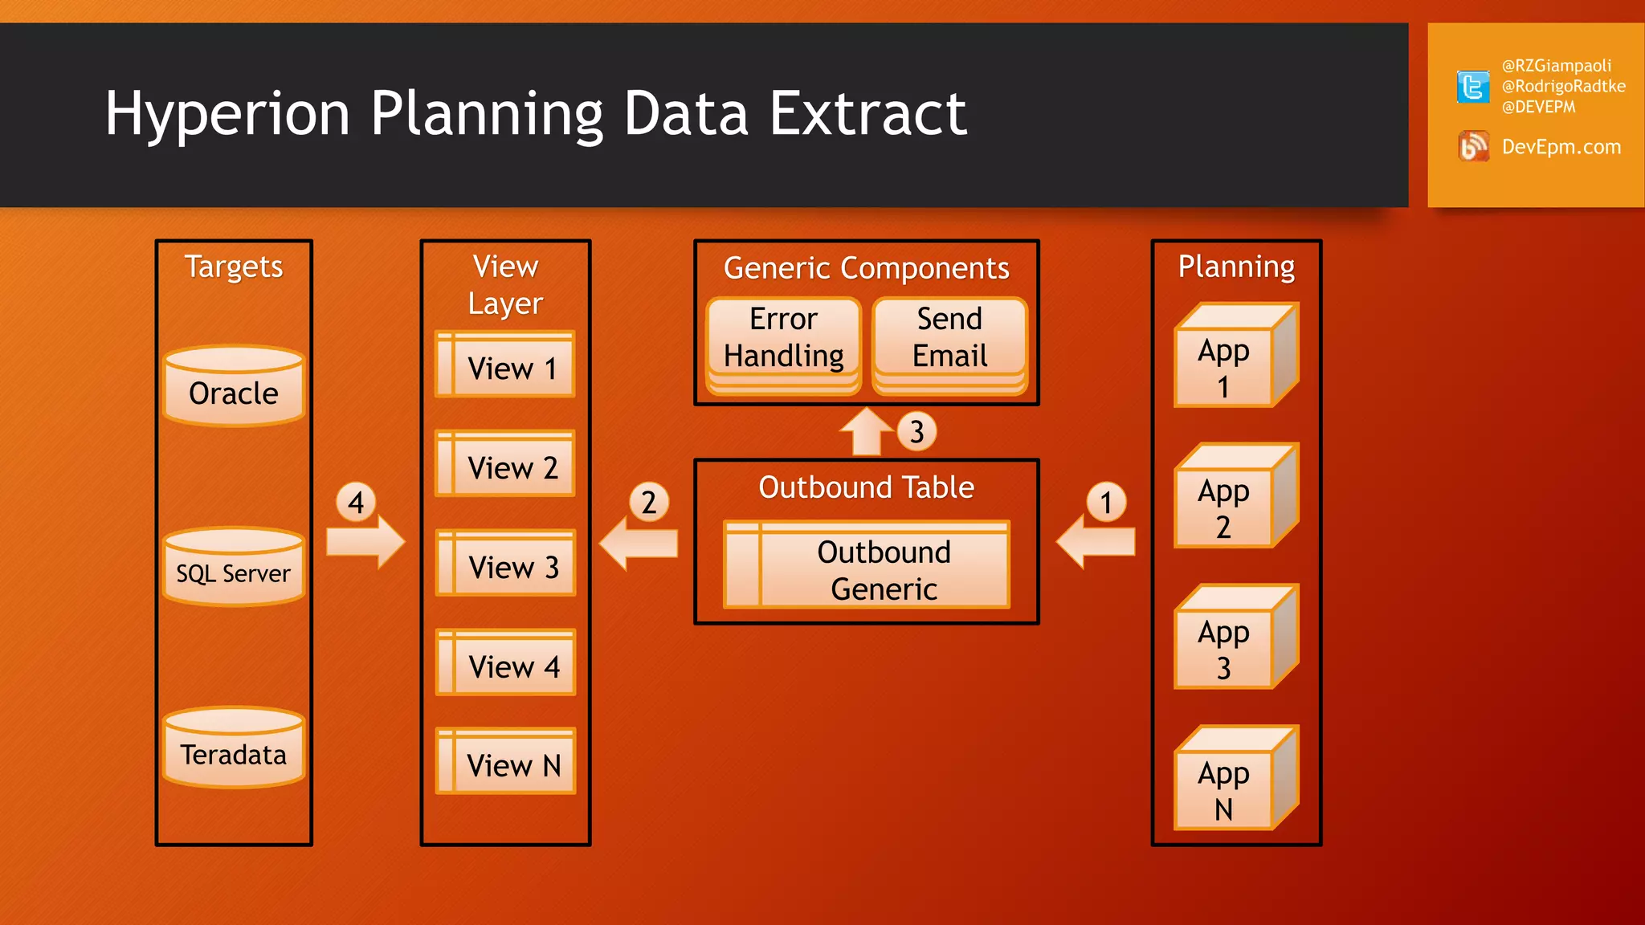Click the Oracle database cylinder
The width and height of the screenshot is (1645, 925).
point(234,386)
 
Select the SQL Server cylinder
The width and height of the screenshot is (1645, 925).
point(234,567)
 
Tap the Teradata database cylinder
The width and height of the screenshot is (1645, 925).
point(234,748)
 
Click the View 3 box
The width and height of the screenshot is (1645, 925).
point(505,563)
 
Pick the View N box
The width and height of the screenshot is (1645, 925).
point(505,761)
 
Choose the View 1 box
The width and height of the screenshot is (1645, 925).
point(505,365)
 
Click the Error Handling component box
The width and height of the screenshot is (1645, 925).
point(783,340)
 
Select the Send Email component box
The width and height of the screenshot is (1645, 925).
point(949,340)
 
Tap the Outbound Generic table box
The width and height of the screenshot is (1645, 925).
point(867,565)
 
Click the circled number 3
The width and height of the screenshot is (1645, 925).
point(916,432)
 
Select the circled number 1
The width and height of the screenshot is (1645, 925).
point(1106,503)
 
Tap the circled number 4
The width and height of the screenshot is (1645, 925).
point(356,503)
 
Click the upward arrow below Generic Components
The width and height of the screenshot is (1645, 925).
point(866,434)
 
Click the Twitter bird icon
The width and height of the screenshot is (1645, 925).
point(1472,87)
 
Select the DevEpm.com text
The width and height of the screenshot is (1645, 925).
point(1561,147)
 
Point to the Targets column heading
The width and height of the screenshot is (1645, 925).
point(234,267)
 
